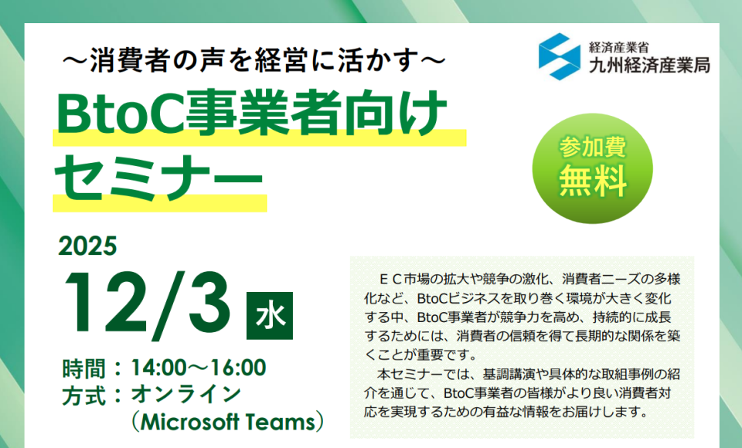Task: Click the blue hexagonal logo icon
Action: click(x=560, y=56)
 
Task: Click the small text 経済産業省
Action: click(x=618, y=47)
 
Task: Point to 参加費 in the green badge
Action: click(x=593, y=147)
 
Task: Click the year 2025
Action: click(x=87, y=246)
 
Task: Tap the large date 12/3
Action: click(x=147, y=305)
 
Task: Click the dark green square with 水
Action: click(x=270, y=316)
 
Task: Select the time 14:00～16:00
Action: click(x=199, y=368)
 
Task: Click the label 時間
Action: click(x=83, y=368)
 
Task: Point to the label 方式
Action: click(x=83, y=395)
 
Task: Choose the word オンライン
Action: click(x=186, y=395)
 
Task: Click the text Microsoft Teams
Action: click(x=228, y=422)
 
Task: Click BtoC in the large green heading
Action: click(x=121, y=113)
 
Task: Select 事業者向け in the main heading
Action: click(x=315, y=113)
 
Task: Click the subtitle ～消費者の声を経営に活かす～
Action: click(x=254, y=60)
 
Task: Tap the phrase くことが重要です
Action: click(x=417, y=355)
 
